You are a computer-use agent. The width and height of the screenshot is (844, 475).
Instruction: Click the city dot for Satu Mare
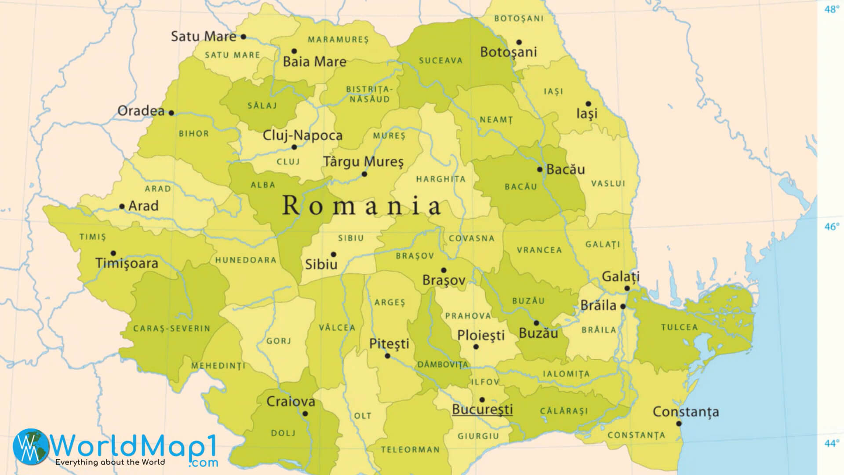[243, 37]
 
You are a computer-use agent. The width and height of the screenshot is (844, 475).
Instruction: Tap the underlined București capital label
[482, 409]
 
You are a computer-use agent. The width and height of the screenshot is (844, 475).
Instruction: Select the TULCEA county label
[679, 327]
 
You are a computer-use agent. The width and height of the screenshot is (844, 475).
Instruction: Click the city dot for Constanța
[679, 424]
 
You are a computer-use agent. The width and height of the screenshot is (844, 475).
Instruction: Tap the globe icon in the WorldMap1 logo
[31, 446]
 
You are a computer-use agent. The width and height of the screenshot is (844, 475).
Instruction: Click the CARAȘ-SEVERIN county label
[172, 329]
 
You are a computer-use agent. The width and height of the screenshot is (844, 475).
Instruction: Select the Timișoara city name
[127, 263]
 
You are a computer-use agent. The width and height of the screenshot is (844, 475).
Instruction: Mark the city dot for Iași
[588, 104]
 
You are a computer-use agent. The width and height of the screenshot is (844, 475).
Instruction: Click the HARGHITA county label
[440, 179]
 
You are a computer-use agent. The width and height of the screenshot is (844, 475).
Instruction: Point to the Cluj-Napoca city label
[302, 135]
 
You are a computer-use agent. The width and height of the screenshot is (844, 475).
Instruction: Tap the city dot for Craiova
[305, 413]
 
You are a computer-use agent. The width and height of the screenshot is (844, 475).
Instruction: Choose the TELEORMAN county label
[410, 449]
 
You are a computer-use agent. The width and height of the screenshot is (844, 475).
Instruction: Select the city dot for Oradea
[171, 113]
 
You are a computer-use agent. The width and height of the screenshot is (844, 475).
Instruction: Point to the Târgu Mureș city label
[363, 162]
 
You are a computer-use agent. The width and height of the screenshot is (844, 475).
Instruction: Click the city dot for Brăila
[623, 307]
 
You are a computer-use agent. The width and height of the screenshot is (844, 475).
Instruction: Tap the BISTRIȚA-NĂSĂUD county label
[368, 94]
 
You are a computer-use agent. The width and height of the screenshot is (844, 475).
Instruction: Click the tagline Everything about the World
[110, 462]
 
